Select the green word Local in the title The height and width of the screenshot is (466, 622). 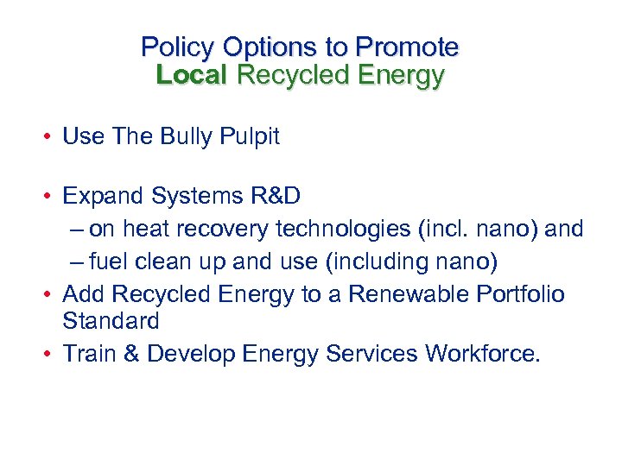191,75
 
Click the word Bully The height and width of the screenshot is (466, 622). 187,136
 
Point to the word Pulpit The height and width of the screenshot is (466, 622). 249,136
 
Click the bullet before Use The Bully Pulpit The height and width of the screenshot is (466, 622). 51,137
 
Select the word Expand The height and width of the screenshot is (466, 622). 104,197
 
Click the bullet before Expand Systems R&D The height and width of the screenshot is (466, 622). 51,197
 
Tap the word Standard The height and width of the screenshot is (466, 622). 111,322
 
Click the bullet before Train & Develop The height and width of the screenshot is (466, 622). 51,354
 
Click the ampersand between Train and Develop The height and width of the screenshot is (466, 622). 131,354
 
